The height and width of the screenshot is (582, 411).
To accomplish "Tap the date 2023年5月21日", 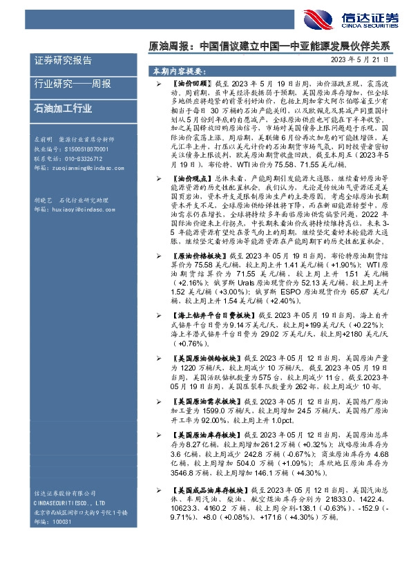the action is (359, 61).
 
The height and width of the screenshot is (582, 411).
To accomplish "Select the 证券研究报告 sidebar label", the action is (63, 61).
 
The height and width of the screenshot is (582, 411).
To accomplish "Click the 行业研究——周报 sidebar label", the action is (72, 84).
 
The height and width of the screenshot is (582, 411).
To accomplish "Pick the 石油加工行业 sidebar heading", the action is (63, 108).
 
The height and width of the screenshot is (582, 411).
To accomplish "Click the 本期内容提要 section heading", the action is (178, 71).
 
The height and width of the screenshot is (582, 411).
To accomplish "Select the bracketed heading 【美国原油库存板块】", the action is (207, 437).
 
